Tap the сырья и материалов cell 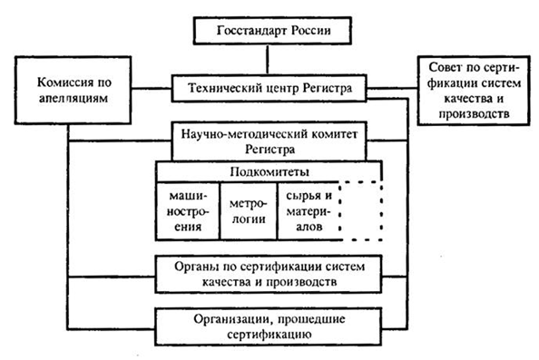click(309, 210)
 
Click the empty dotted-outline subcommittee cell click(363, 210)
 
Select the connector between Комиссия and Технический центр click(145, 88)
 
